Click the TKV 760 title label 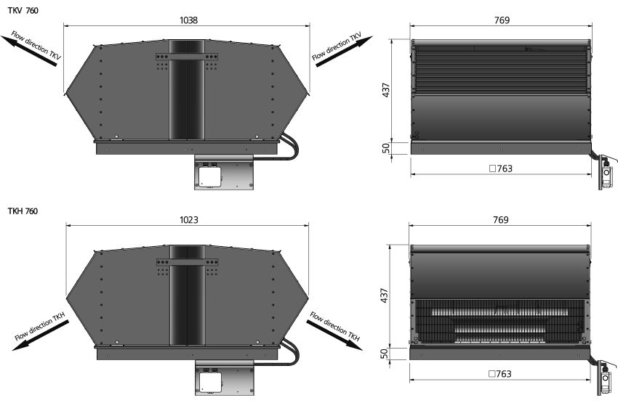coord(23,11)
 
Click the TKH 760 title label coord(23,211)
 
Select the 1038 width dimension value coord(188,20)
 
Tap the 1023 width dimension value coord(189,219)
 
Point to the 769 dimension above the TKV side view coord(502,20)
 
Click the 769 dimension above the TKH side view coord(500,219)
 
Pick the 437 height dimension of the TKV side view coord(386,90)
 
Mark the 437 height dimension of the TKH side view coord(385,296)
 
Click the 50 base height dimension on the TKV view coord(386,148)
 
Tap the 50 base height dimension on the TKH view coord(385,354)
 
